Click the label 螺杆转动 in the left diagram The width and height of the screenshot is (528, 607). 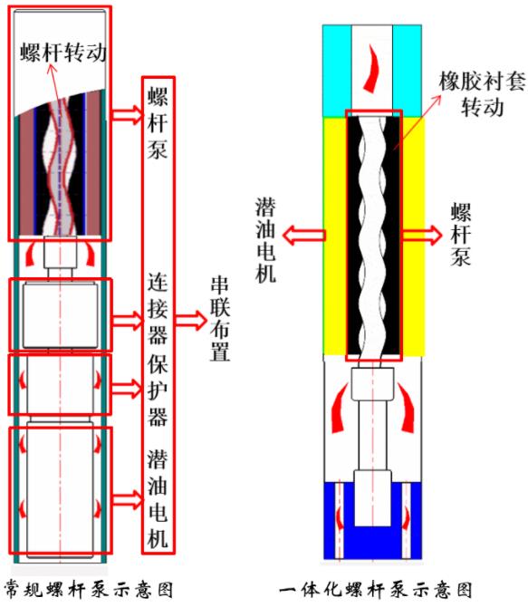point(63,52)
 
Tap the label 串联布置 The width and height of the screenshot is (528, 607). point(220,320)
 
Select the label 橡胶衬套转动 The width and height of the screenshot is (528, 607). point(483,94)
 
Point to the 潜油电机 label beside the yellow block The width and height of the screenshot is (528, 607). point(265,240)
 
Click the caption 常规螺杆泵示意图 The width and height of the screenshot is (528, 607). point(89,590)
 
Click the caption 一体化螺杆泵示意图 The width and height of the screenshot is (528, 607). point(376,590)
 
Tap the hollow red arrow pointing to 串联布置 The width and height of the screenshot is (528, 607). point(191,320)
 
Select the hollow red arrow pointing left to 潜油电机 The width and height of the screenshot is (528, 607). point(304,236)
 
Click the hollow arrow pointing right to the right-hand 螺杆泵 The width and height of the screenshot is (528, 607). point(422,235)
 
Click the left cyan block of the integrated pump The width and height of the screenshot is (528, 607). point(337,72)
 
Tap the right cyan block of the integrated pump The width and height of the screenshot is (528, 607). point(407,72)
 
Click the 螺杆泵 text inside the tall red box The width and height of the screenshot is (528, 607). point(158,123)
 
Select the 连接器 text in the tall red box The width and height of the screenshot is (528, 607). point(158,309)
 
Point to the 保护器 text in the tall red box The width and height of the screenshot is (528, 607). point(158,390)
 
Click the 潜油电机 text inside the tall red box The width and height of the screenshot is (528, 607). point(158,498)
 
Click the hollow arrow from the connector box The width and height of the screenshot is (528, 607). point(127,320)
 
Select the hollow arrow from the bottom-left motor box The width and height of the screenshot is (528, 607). point(127,500)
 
